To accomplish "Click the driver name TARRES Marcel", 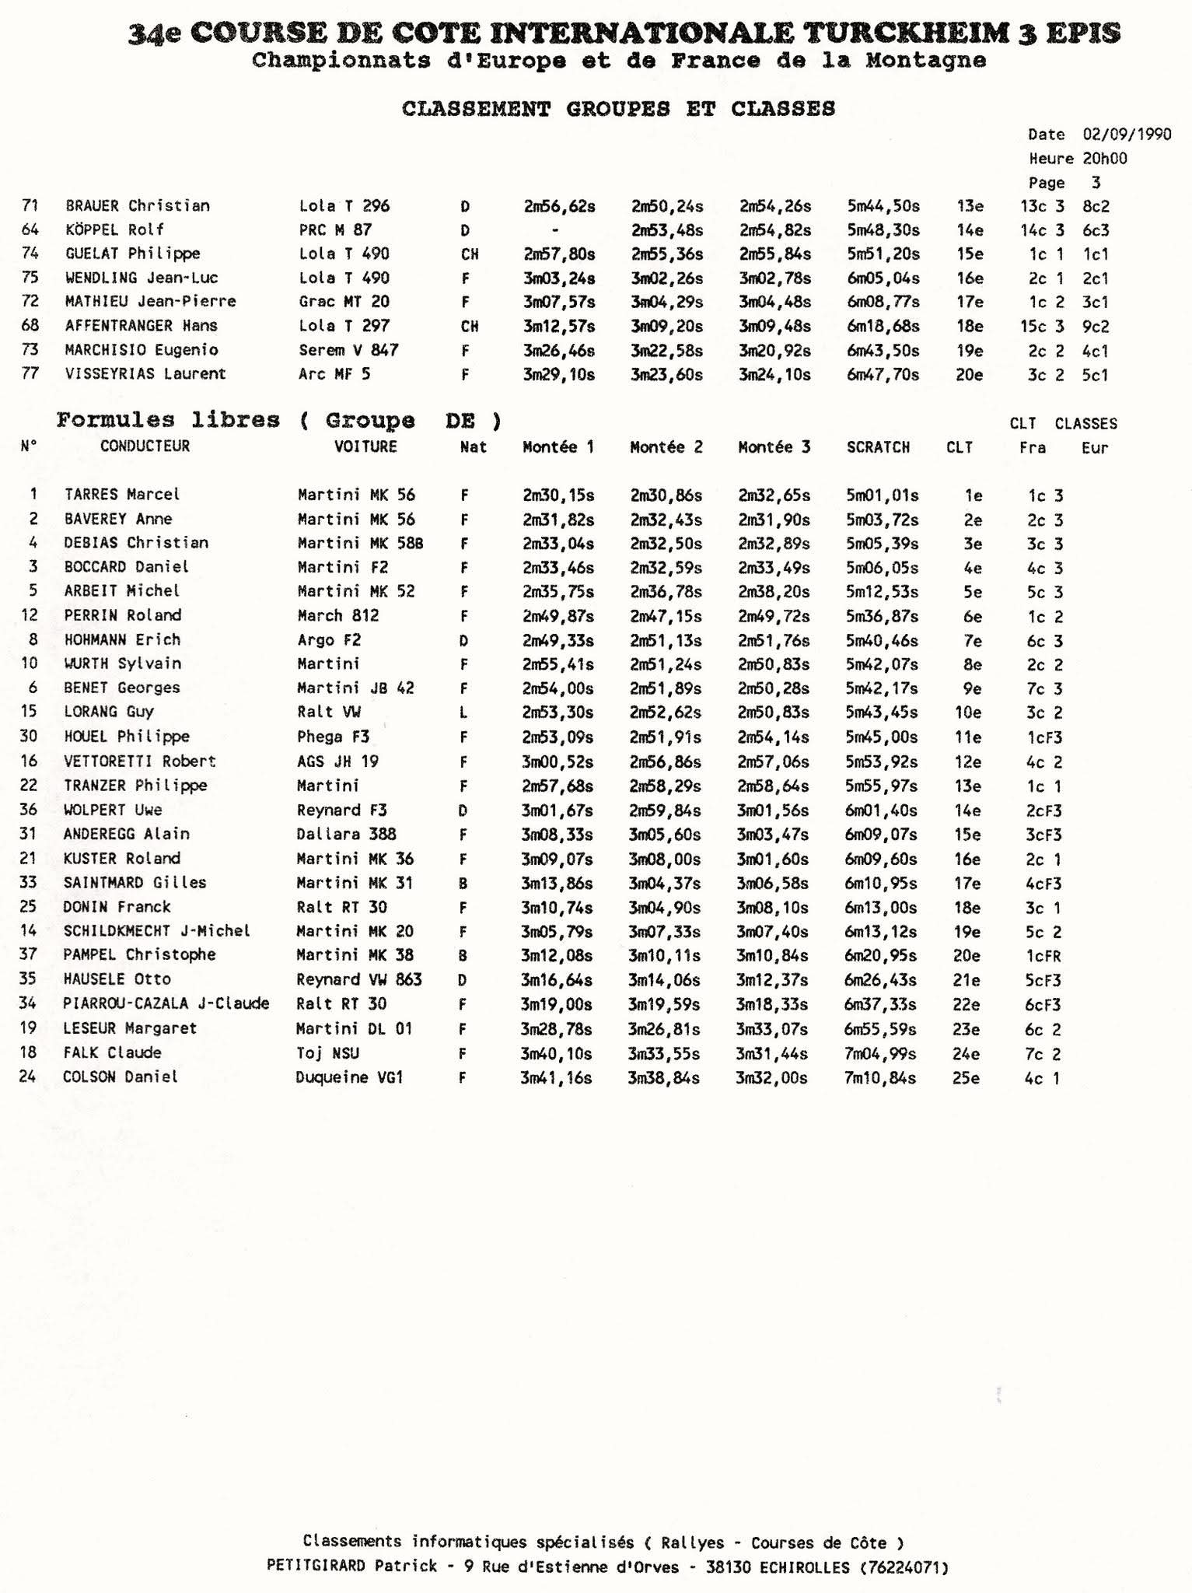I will click(122, 495).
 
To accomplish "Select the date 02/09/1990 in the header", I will click(1127, 134).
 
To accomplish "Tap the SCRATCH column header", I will click(878, 447).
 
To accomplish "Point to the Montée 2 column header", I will click(666, 447).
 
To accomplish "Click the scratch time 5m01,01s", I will click(882, 495).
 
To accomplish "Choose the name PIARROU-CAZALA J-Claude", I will click(166, 1004).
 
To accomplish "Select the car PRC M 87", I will click(335, 230).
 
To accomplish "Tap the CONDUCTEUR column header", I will click(145, 446).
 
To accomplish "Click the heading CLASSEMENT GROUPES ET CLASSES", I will click(618, 108).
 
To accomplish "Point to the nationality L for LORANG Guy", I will click(463, 712).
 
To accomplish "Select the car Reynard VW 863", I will click(358, 979).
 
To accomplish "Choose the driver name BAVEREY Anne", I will click(118, 519).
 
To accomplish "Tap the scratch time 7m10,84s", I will click(879, 1078).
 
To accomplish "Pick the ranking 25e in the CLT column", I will click(966, 1078).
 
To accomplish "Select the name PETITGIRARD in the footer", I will click(315, 1567).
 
